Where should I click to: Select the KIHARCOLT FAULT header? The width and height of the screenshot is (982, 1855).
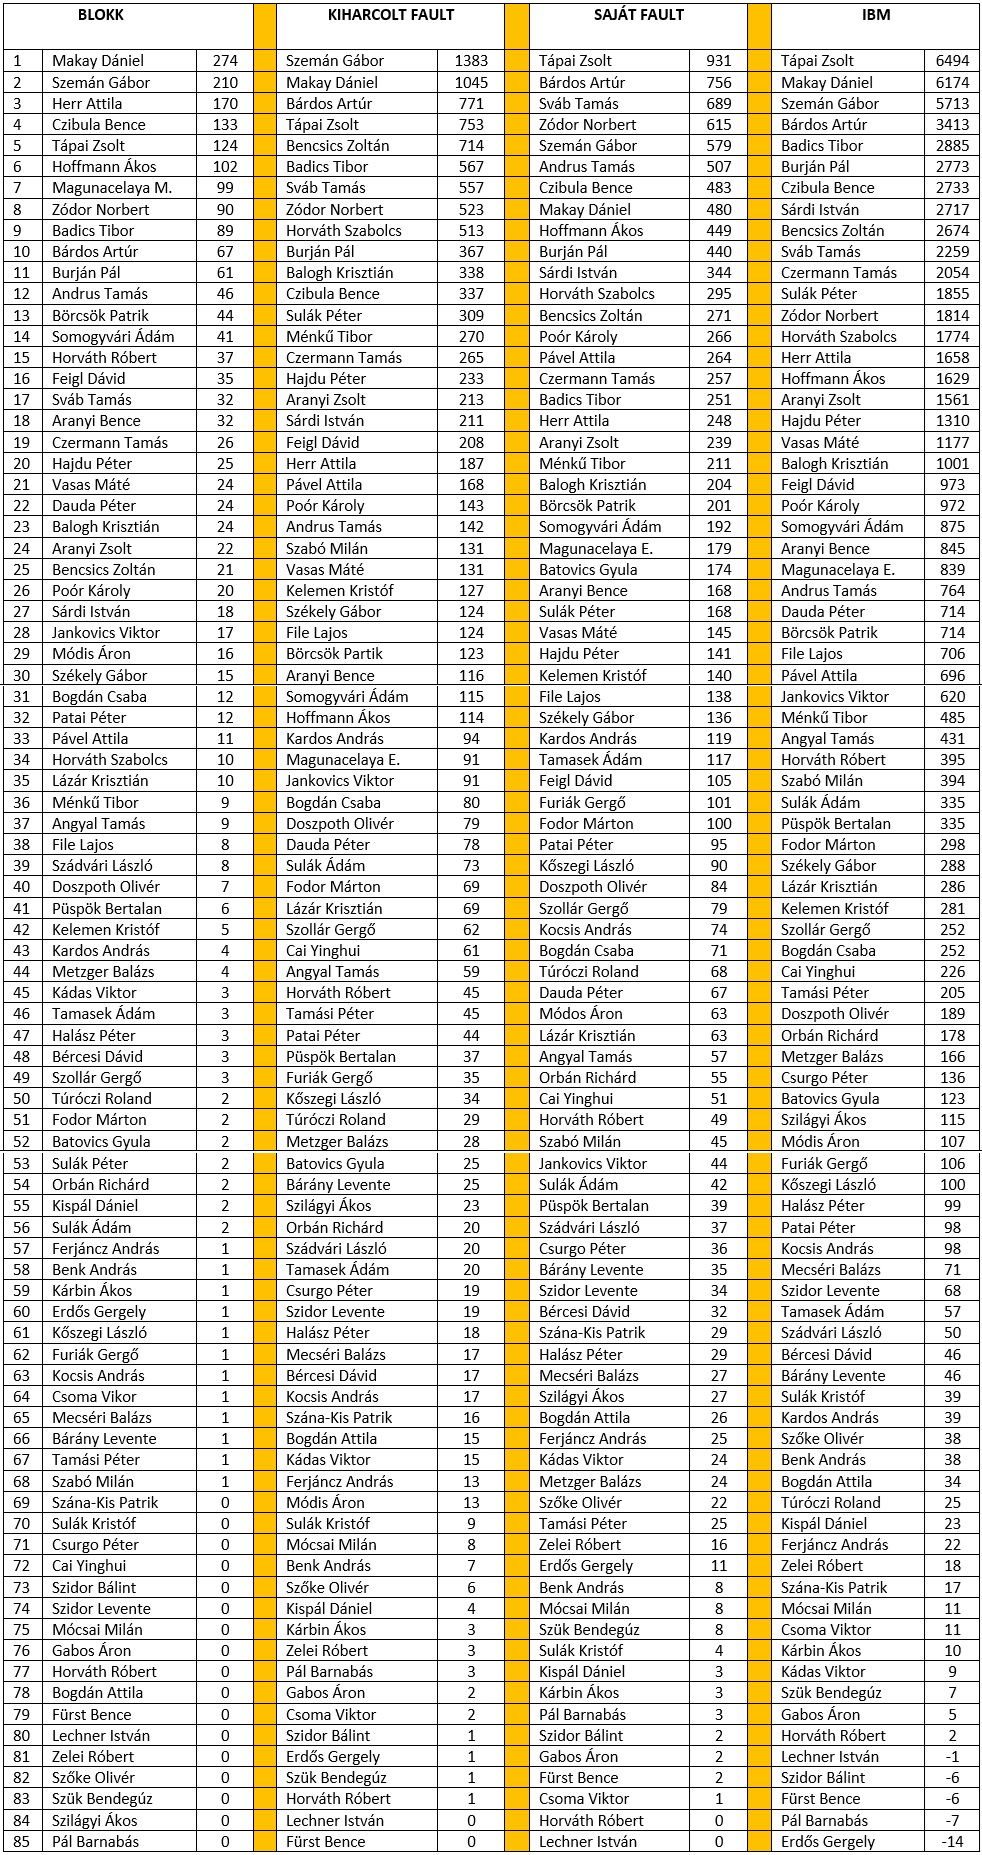[390, 15]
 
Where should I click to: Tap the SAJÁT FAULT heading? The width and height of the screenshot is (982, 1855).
[638, 15]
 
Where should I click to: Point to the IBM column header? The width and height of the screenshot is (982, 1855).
[875, 15]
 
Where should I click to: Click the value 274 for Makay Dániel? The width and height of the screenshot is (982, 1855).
[225, 61]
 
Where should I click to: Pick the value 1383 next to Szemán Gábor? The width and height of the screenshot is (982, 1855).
[471, 61]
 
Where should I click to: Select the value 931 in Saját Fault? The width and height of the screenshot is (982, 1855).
[718, 61]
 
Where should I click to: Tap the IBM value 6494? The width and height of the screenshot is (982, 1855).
[952, 61]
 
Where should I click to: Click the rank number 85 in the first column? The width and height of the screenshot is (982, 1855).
[22, 1841]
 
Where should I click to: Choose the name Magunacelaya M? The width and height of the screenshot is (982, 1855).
[112, 188]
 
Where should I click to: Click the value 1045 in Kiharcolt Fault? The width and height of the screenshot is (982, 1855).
[471, 83]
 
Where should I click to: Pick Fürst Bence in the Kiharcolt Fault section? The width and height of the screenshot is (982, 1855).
[325, 1841]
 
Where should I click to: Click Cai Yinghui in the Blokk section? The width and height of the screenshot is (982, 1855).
[89, 1566]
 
